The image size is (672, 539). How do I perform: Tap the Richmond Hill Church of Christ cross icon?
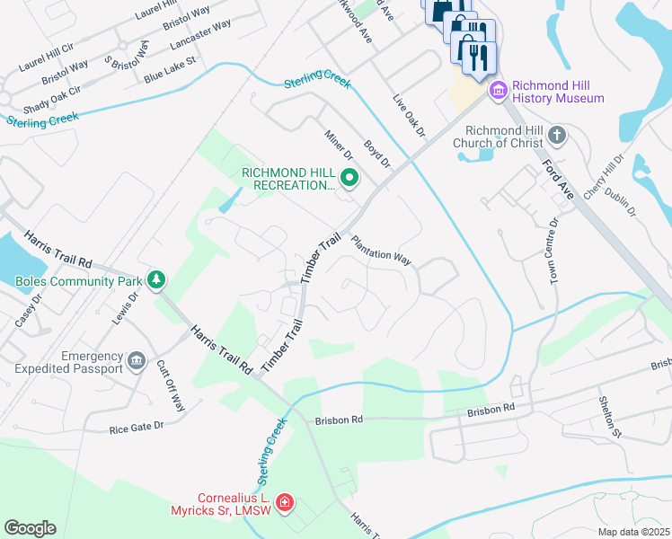coord(557,136)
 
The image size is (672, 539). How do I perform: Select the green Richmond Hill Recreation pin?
coord(349,178)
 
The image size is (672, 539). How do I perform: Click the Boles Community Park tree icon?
coord(157,281)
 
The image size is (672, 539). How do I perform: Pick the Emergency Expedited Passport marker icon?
coord(137,362)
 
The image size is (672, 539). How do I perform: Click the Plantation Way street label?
coord(381,251)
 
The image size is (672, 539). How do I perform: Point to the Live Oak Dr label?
coord(408,115)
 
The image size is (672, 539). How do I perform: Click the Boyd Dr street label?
coord(377,153)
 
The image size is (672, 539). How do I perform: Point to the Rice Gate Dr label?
coord(136,426)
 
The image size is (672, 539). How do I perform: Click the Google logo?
coord(30,528)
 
